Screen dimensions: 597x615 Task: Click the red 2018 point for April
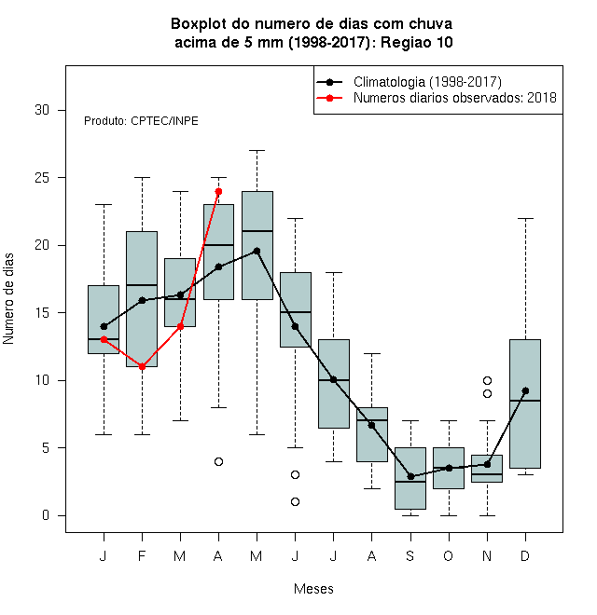(219, 191)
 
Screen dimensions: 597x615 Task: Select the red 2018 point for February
(142, 367)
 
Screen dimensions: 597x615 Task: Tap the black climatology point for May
(257, 251)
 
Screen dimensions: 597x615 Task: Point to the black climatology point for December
(525, 390)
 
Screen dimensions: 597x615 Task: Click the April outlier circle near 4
(219, 461)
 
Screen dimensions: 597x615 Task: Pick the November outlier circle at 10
(488, 380)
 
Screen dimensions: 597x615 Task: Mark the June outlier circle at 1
(296, 501)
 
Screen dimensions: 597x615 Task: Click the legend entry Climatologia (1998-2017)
(427, 82)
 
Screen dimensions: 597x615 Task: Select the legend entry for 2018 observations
(455, 98)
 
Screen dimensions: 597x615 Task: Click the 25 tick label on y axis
(42, 178)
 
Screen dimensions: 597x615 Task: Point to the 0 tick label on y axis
(46, 515)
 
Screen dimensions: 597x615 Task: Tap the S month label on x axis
(410, 555)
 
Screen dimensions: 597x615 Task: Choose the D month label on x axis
(525, 555)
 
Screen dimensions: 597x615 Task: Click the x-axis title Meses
(313, 589)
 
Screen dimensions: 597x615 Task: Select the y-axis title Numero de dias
(8, 299)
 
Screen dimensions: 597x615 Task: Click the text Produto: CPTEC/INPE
(141, 121)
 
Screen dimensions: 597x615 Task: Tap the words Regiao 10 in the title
(417, 42)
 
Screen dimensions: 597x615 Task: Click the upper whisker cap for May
(257, 150)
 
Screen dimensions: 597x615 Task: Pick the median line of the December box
(525, 401)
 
